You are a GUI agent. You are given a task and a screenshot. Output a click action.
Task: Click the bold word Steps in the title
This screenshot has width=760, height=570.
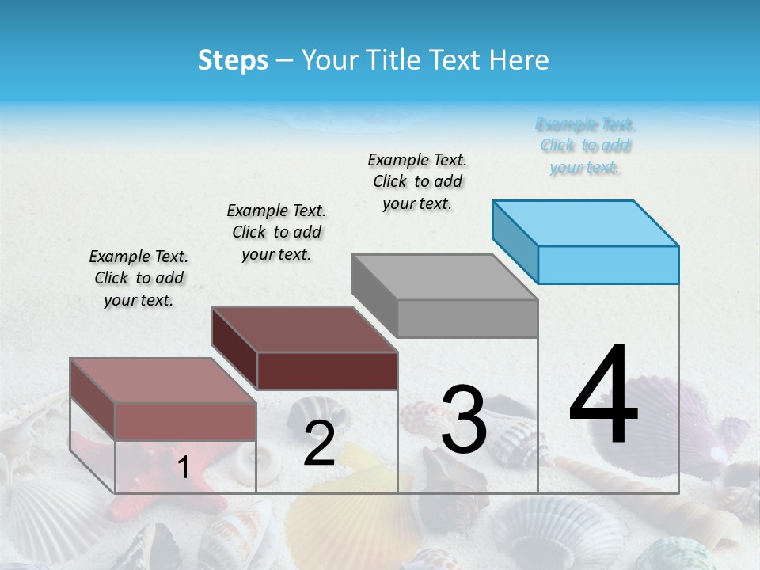[233, 60]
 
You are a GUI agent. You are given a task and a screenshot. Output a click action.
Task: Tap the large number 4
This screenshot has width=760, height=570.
[603, 396]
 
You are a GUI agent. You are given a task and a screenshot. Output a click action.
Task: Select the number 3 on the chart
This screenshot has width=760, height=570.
[464, 419]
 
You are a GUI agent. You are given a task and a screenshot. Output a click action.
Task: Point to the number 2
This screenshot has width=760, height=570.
[319, 443]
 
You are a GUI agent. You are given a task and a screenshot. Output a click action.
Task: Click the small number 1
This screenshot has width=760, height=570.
[184, 467]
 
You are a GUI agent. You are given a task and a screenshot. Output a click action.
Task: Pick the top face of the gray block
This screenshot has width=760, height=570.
[443, 277]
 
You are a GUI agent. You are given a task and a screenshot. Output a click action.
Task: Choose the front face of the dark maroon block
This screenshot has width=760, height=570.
[327, 370]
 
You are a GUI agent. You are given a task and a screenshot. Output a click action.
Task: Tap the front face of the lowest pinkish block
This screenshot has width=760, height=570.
[185, 421]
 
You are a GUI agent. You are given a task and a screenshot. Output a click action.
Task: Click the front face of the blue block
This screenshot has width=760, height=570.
[608, 264]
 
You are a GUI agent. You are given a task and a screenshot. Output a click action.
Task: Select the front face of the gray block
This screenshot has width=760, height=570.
[467, 318]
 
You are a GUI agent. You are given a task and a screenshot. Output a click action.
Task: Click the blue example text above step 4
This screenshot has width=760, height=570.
[585, 146]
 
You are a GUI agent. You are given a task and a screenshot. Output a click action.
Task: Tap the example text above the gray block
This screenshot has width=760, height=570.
[417, 181]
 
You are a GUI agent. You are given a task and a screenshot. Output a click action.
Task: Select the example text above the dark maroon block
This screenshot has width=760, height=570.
[276, 232]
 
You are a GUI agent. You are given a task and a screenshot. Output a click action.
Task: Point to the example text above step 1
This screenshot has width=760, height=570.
[139, 278]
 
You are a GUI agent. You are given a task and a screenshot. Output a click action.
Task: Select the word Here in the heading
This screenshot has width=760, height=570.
[519, 60]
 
